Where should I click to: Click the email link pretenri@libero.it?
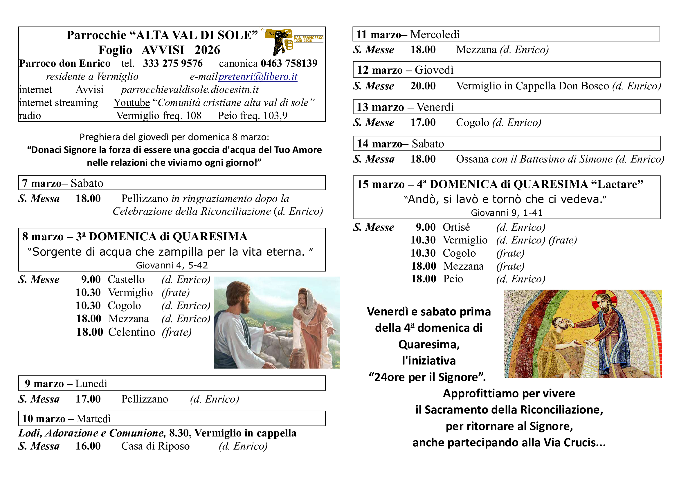(257, 77)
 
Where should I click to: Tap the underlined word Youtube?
(132, 102)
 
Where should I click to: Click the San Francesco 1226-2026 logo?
(293, 41)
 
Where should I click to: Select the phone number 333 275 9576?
(173, 63)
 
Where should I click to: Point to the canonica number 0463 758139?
(289, 63)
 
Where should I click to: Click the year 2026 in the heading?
(207, 50)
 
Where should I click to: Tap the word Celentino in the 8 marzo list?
(132, 332)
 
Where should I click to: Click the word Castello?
(126, 279)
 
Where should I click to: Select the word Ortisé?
(456, 227)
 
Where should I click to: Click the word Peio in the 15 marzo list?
(453, 279)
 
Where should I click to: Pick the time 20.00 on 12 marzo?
(423, 86)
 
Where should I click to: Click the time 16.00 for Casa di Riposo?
(88, 446)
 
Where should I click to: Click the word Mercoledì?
(435, 35)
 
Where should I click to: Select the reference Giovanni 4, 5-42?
(172, 265)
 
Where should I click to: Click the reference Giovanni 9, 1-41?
(507, 212)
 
